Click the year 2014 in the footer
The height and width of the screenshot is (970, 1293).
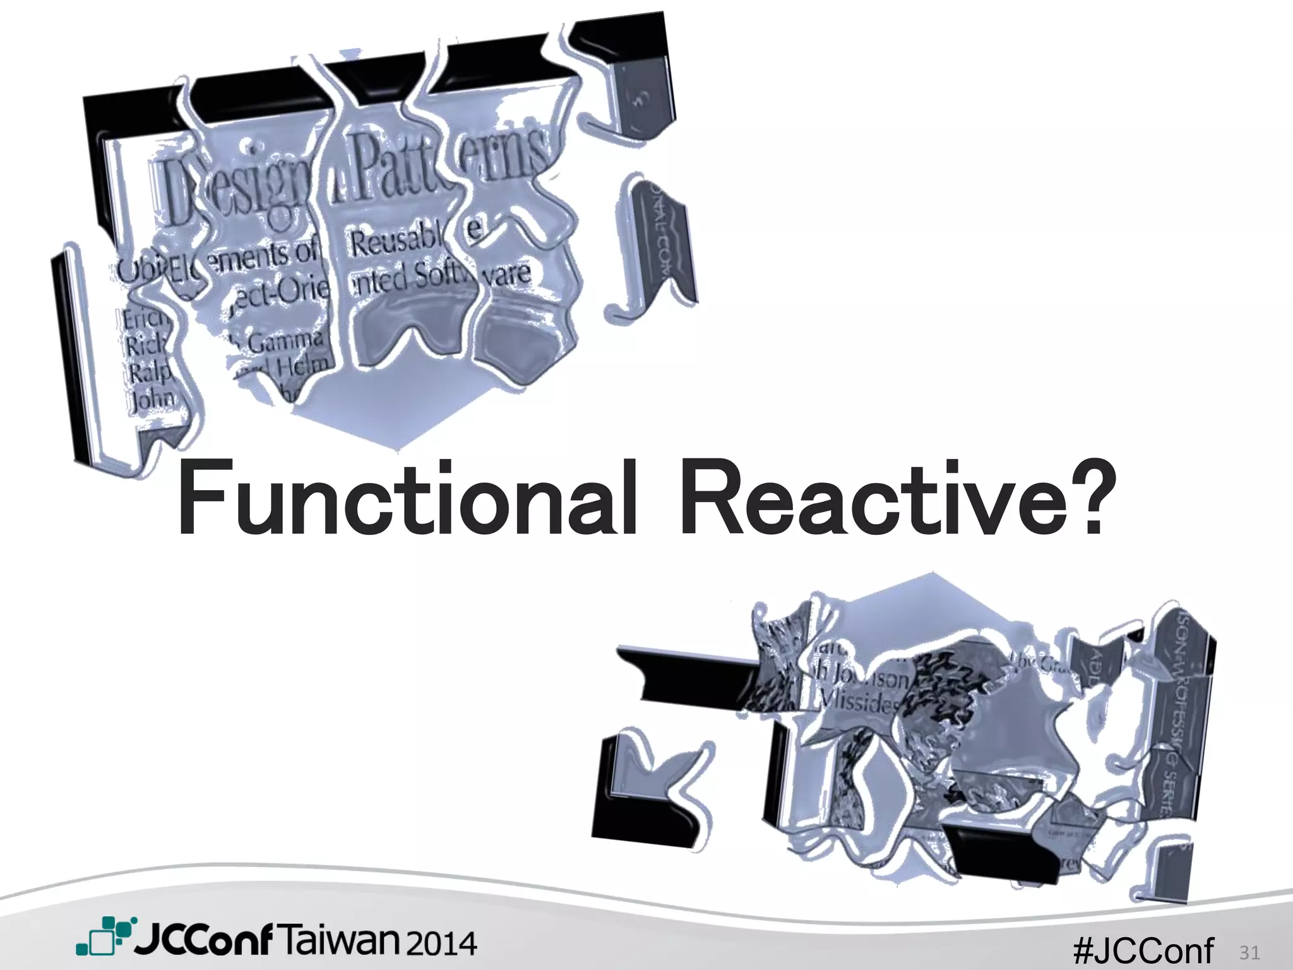click(442, 943)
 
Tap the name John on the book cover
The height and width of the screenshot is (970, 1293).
click(152, 399)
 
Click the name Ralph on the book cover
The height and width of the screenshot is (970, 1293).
click(148, 373)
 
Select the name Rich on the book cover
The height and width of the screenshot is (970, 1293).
click(144, 346)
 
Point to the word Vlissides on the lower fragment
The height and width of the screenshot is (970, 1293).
click(859, 701)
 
